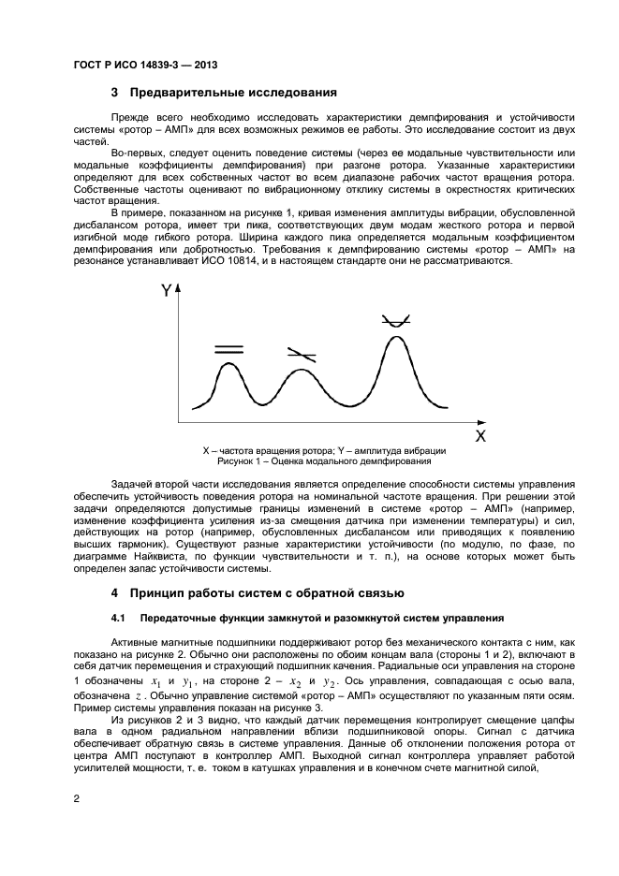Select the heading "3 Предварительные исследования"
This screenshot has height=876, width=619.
(x=224, y=94)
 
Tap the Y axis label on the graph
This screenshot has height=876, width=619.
(x=167, y=291)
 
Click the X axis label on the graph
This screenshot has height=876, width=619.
(x=479, y=435)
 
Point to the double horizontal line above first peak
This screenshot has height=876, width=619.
(x=228, y=349)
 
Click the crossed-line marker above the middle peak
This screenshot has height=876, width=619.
(x=301, y=355)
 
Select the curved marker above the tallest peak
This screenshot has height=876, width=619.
(x=394, y=321)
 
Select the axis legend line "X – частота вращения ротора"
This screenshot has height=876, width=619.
(x=268, y=451)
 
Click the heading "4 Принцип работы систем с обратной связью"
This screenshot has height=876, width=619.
(x=258, y=592)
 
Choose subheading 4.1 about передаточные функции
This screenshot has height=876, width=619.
(x=308, y=619)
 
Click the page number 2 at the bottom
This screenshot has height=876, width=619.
(x=77, y=798)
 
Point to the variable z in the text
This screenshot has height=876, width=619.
(x=137, y=696)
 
